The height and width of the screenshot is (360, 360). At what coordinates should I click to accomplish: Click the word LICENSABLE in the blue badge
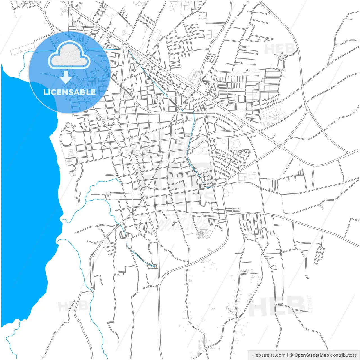pos(69,92)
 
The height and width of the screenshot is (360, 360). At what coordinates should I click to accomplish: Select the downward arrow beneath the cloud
pos(66,76)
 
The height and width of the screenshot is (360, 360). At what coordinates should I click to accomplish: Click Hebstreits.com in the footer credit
pos(269,355)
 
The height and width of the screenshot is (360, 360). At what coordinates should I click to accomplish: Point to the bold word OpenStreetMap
pos(311,355)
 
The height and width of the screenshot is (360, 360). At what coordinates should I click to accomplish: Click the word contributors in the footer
pos(343,355)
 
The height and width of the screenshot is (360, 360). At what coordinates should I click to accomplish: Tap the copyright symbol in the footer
pos(291,355)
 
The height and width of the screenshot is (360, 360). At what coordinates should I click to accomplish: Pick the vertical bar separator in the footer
pos(287,355)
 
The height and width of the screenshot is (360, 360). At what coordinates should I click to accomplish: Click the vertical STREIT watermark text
pos(310,304)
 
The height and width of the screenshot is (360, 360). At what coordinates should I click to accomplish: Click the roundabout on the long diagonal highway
pos(279,146)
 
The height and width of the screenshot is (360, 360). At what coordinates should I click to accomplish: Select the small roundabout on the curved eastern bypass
pos(307,109)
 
